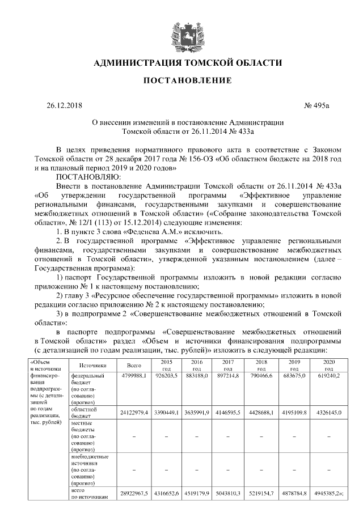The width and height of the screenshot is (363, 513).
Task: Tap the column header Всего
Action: [134, 366]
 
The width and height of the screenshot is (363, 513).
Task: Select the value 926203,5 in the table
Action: [167, 376]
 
